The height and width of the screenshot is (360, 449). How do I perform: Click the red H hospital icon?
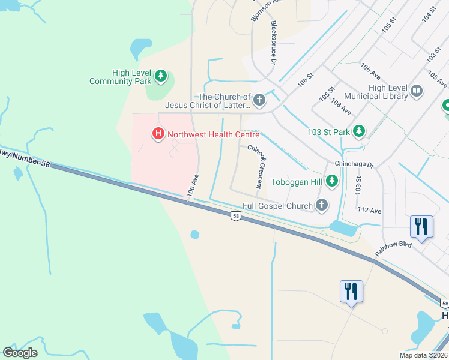point(158,133)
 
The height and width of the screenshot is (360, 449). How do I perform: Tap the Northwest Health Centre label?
point(213,134)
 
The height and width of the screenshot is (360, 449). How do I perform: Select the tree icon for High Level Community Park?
point(160,76)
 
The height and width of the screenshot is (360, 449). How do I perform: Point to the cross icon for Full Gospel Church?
point(322,206)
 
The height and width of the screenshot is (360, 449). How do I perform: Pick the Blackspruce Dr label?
point(274,43)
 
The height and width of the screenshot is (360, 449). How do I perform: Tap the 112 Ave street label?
point(369,211)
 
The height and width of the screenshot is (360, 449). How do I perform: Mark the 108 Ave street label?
point(341,106)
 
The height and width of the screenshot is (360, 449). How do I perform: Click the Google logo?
point(20,353)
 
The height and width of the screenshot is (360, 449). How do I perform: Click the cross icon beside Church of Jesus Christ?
point(259,100)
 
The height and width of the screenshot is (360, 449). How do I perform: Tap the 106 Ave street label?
point(370,71)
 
